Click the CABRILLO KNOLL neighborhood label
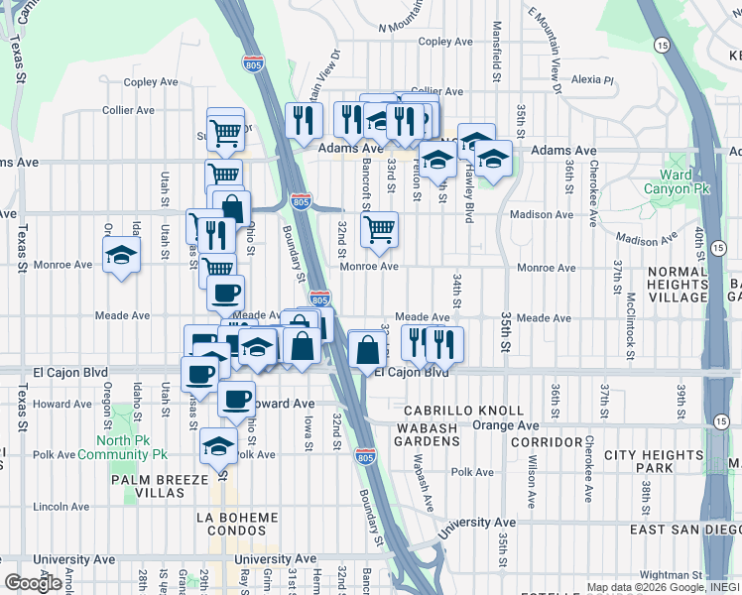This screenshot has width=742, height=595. coord(463,411)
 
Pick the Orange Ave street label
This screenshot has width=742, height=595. coord(504,425)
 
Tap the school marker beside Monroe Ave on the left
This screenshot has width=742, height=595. coord(122,255)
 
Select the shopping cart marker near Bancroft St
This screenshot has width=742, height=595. coord(379,231)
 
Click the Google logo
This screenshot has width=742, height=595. coord(33,583)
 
